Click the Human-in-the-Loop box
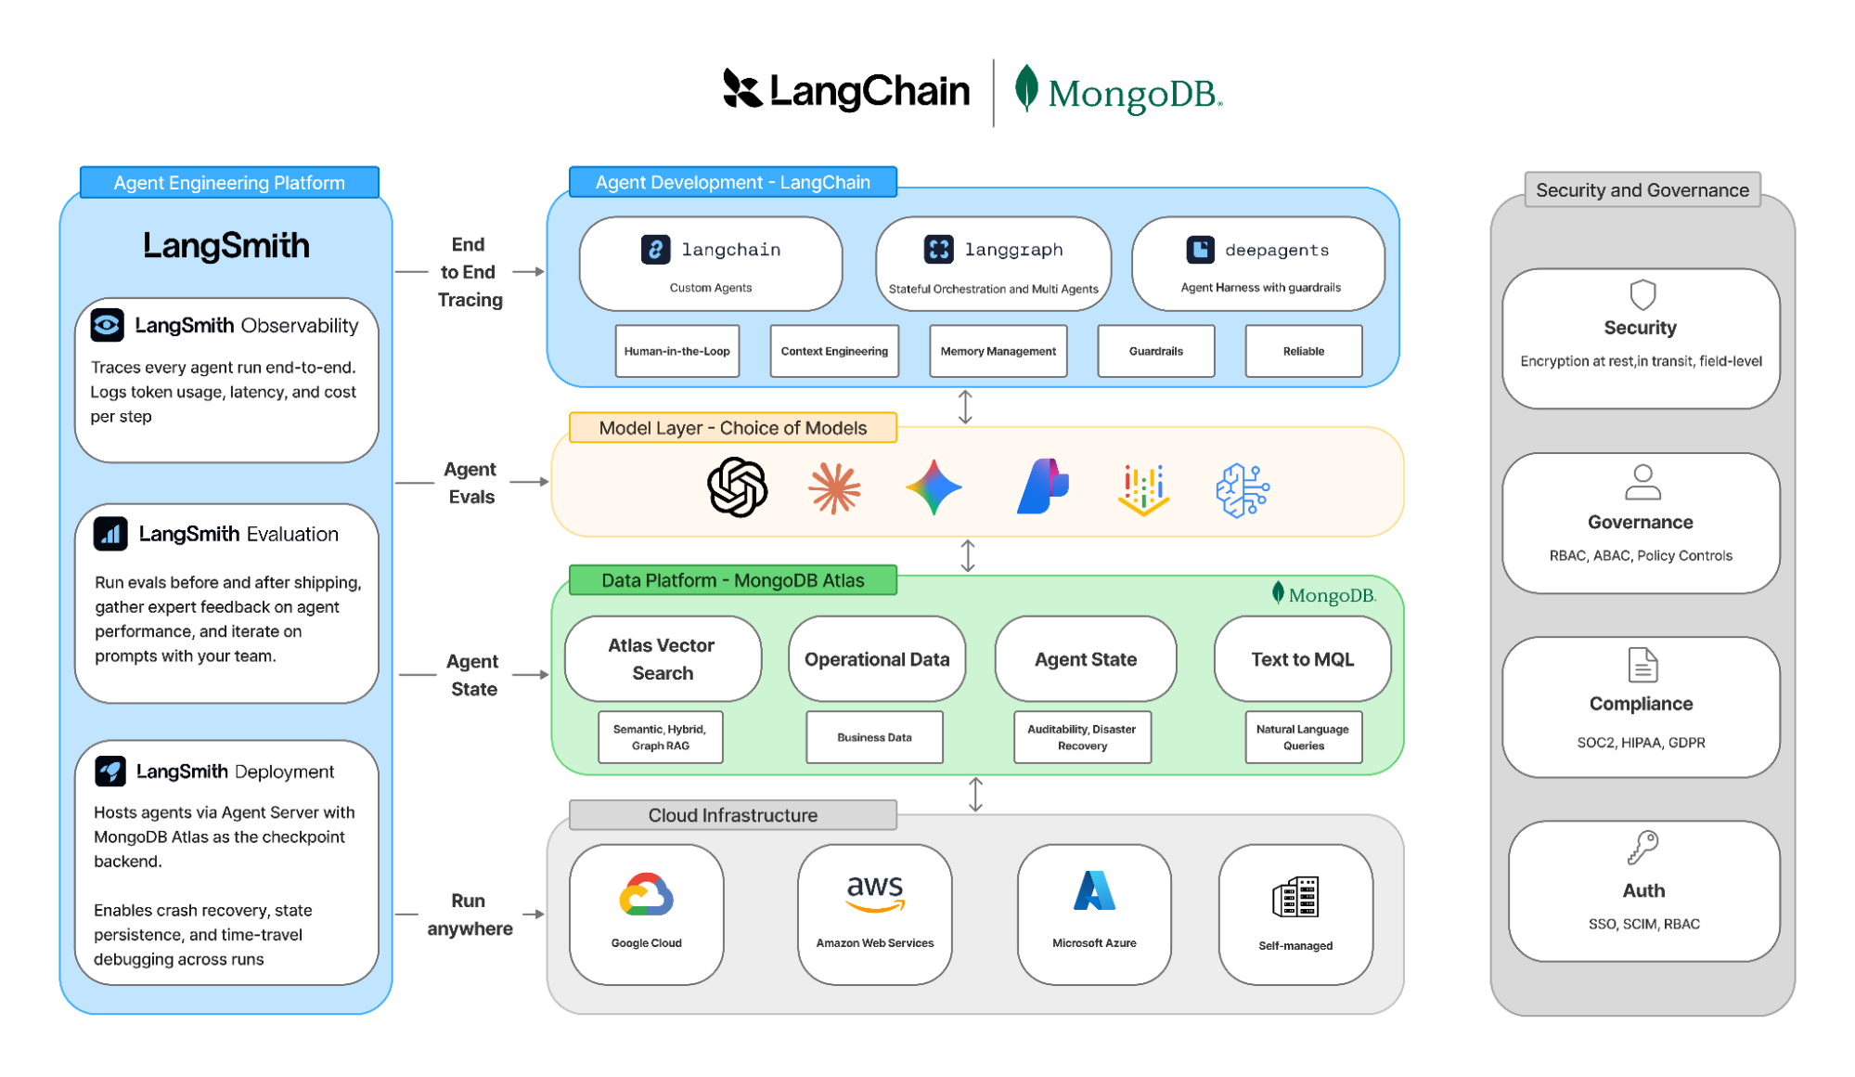(x=676, y=351)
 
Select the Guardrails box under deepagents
(x=1155, y=351)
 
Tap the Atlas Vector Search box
(x=662, y=659)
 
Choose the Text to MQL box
(x=1302, y=659)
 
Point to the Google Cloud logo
(x=646, y=895)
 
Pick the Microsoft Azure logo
(x=1094, y=891)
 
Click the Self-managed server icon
(x=1295, y=897)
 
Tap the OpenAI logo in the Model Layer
(x=737, y=487)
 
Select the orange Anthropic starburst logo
(x=834, y=488)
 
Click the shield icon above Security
(x=1642, y=294)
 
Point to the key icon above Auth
(x=1642, y=847)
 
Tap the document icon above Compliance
(x=1642, y=665)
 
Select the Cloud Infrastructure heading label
(x=732, y=815)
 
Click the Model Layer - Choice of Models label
(x=732, y=428)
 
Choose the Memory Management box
(x=998, y=351)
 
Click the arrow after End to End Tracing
(x=528, y=272)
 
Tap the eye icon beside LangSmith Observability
(x=108, y=325)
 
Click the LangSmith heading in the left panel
(x=226, y=246)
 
